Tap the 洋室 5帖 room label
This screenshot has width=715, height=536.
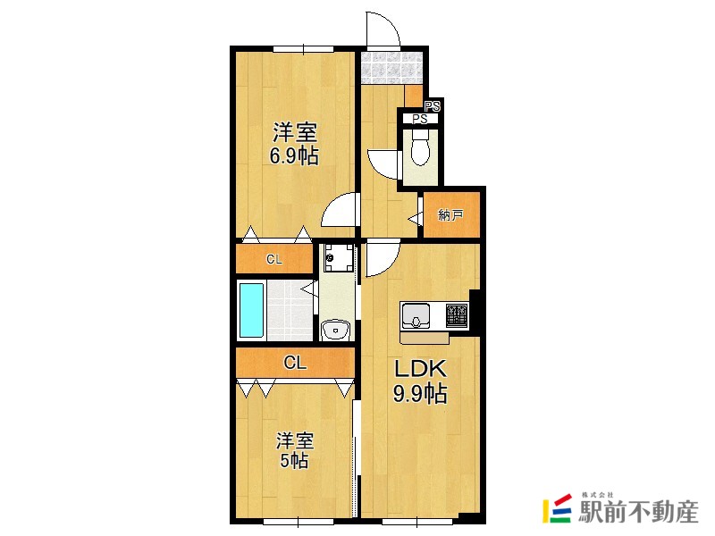point(294,451)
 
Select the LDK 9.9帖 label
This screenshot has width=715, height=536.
point(420,381)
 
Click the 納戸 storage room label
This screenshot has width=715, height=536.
point(451,215)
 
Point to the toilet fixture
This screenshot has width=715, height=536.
point(418,150)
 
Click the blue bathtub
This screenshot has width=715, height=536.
point(252,310)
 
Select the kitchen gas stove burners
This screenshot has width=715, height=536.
point(456,316)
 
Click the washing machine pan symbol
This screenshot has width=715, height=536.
point(339,259)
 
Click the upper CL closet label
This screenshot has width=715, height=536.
point(274,260)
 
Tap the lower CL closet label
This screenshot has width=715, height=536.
point(295,363)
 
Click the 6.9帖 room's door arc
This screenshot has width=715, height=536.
point(340,213)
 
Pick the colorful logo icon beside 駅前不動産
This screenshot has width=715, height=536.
point(559,509)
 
